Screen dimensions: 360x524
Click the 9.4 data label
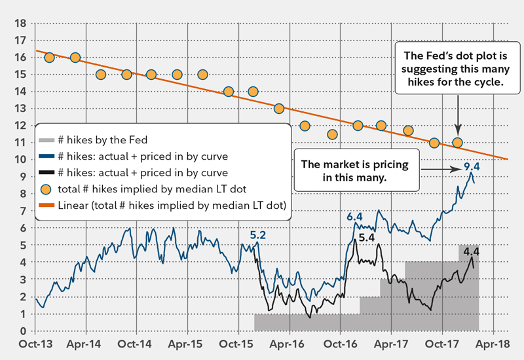472,167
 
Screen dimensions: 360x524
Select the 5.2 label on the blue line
258,234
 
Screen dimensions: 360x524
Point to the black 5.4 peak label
367,238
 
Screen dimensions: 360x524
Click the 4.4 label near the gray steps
471,251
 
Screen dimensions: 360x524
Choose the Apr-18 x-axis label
493,344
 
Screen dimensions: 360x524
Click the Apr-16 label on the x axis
289,344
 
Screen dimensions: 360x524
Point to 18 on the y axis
20,23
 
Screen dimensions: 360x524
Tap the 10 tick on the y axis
20,159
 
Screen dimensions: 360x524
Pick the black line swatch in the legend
47,173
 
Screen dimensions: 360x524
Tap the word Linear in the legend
78,206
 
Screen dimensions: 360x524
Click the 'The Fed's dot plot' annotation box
453,69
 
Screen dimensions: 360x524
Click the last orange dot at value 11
457,143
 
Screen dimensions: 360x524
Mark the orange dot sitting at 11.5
332,134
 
